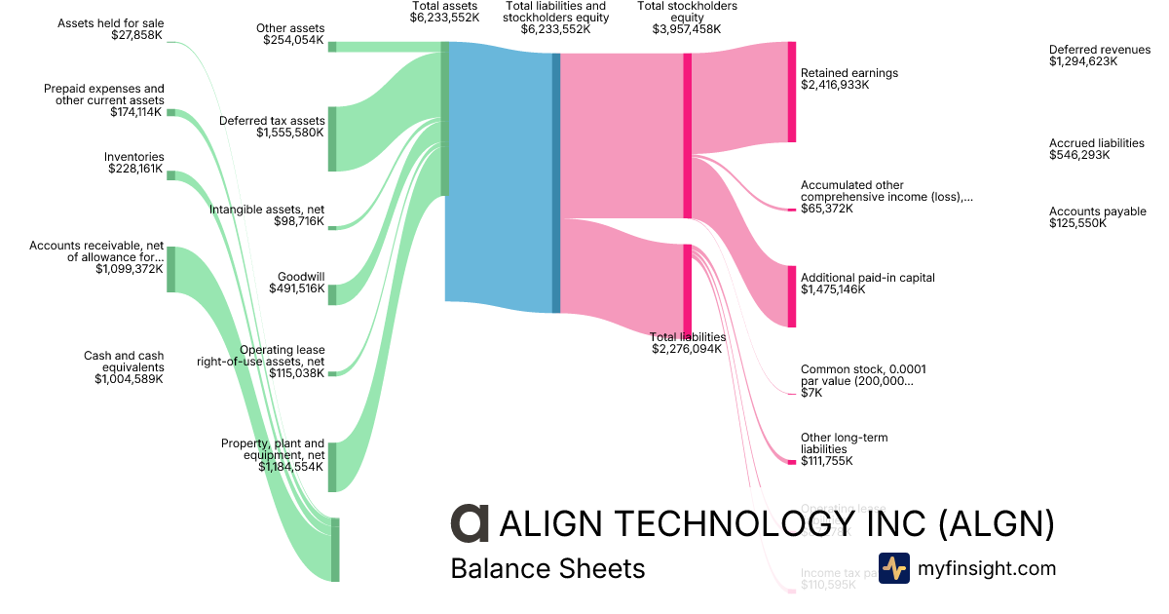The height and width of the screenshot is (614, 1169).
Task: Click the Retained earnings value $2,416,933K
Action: pos(834,85)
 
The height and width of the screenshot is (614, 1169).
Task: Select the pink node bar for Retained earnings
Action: pos(792,92)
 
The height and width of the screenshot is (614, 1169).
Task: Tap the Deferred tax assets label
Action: pos(271,121)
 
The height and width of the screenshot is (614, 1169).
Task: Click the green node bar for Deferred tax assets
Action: pos(332,138)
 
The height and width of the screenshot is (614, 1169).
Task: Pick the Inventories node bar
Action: pos(170,175)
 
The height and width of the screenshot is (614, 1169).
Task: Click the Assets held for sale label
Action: pos(110,23)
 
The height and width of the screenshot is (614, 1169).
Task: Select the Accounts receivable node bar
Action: pos(170,269)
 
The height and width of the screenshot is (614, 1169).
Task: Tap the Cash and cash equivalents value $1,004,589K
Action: pos(129,379)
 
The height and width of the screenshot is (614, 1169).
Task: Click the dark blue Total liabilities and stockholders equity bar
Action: pos(556,182)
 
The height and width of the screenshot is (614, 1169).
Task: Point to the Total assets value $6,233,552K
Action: pos(444,18)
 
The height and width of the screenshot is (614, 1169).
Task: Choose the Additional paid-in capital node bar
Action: pos(792,296)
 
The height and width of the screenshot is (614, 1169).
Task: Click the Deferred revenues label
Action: pos(1099,50)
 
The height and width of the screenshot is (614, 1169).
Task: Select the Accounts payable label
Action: pos(1097,211)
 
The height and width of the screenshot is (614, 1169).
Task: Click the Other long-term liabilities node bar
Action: pos(792,461)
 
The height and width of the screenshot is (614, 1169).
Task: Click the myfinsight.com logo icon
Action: pos(893,568)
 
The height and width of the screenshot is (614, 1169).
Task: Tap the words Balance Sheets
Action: pos(547,568)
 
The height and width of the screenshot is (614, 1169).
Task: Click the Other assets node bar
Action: pos(332,47)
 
